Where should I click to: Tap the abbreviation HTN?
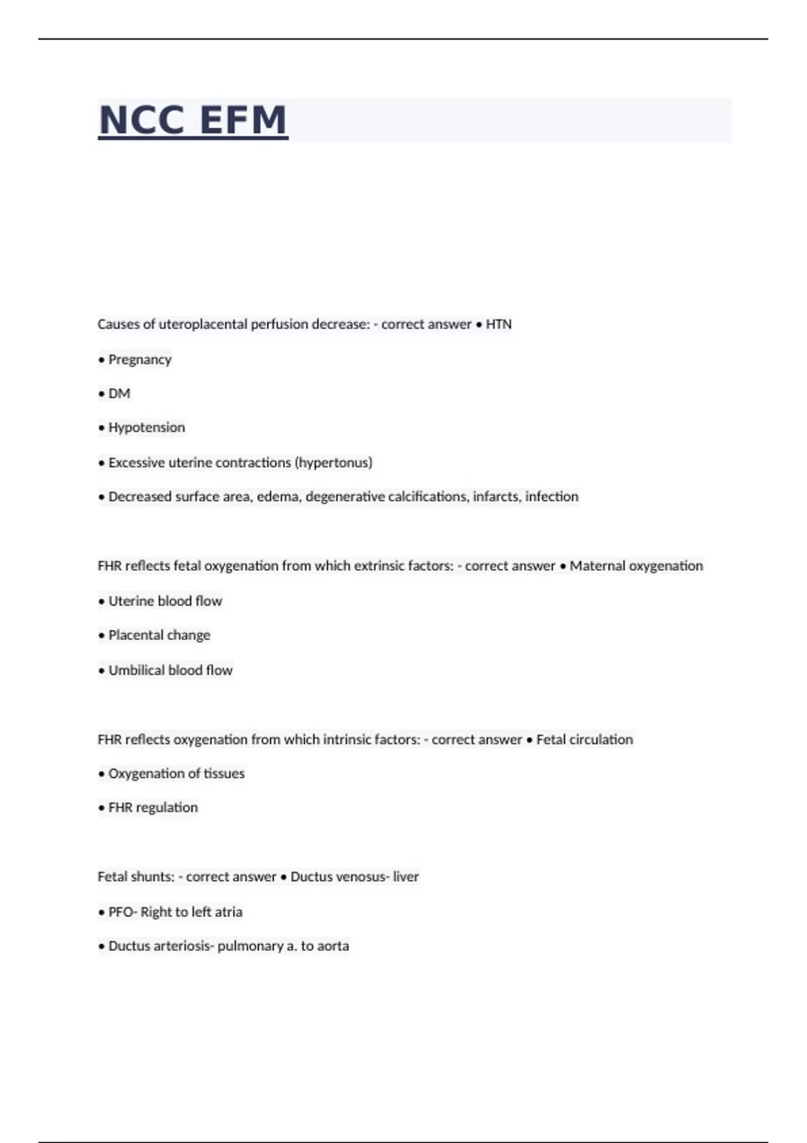(x=498, y=324)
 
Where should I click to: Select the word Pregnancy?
(x=140, y=360)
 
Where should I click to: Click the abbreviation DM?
(x=119, y=393)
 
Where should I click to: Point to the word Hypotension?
(x=147, y=428)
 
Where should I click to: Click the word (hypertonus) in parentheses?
(x=334, y=463)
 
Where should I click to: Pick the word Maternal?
(x=597, y=566)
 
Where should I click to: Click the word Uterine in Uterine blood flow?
(x=130, y=601)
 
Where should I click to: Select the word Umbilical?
(x=137, y=670)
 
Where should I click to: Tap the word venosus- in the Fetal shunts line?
(x=362, y=877)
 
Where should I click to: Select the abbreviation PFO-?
(x=122, y=912)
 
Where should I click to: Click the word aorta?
(x=333, y=946)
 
